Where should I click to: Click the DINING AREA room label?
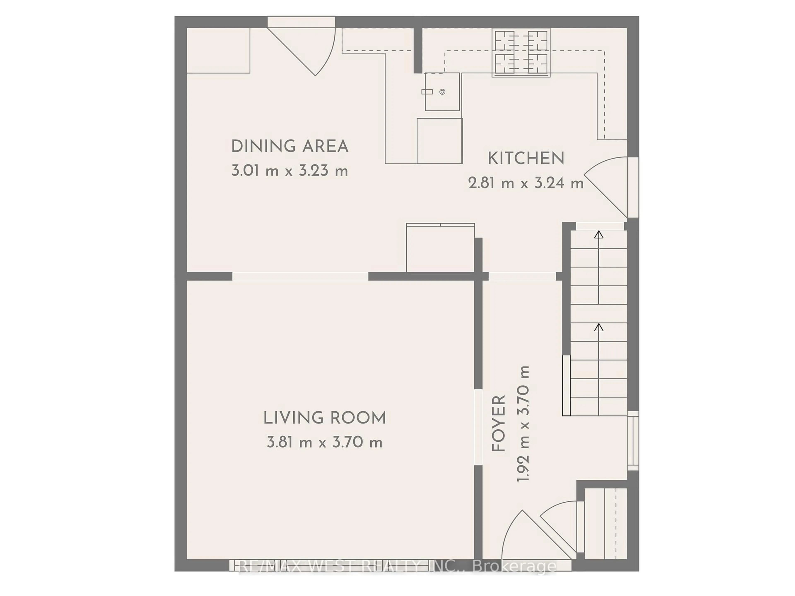pos(290,146)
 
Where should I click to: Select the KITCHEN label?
pos(526,159)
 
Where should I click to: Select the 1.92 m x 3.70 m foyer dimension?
pos(523,424)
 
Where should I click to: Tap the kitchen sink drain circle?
pos(442,92)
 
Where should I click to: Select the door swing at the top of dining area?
pos(309,48)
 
